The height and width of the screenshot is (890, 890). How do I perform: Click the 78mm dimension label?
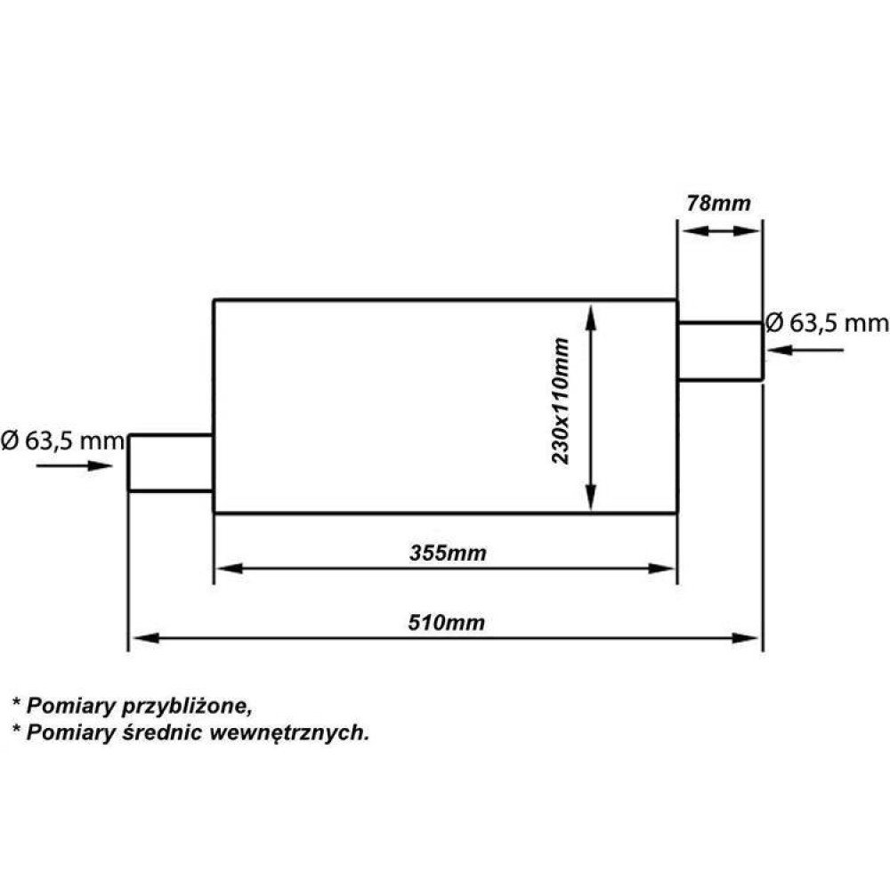point(718,203)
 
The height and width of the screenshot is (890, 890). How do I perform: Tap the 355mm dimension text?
point(448,553)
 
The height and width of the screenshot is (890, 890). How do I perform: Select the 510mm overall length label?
point(448,622)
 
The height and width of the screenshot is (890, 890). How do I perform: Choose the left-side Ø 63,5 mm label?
point(61,441)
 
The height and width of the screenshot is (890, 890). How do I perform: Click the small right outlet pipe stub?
point(719,352)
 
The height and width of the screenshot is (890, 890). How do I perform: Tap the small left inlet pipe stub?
point(171,463)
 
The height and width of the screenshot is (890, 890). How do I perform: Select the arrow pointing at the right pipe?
point(805,350)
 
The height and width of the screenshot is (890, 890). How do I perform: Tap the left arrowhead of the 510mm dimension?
point(142,637)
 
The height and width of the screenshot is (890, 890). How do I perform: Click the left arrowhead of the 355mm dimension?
point(228,568)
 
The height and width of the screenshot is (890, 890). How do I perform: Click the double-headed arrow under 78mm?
point(719,231)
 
